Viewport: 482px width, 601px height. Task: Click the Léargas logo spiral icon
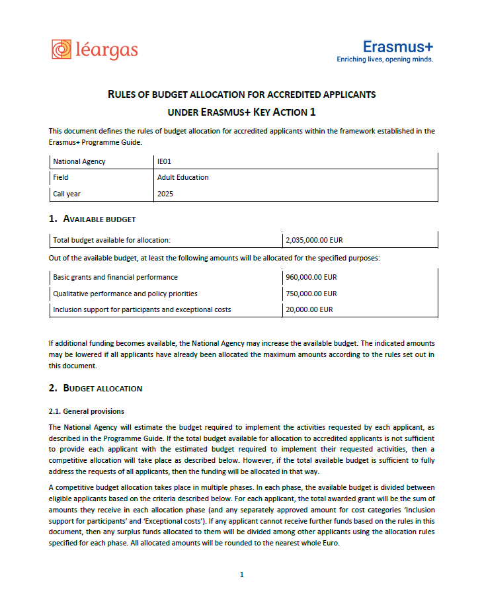coord(61,50)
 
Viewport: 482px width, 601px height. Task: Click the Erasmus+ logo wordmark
coord(398,46)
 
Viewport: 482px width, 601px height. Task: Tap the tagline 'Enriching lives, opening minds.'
coord(385,60)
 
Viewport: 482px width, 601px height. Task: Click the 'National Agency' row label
coord(79,161)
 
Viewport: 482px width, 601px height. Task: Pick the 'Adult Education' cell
coord(182,177)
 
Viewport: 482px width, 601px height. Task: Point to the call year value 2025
coord(165,194)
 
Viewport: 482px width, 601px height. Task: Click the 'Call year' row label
coord(67,194)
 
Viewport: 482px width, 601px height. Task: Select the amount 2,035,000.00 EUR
coord(314,240)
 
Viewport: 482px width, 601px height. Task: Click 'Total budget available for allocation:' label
coord(112,240)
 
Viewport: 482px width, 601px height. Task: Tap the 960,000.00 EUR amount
coord(311,277)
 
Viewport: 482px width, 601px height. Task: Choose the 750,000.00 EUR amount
coord(311,294)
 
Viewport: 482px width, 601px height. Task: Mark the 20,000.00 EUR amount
coord(309,309)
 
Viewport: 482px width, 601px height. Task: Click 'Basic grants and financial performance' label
coord(115,277)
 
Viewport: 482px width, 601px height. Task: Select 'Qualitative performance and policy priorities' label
coord(125,294)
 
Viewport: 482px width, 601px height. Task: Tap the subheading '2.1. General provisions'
coord(87,411)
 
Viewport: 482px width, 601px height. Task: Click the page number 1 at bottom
coord(241,575)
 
